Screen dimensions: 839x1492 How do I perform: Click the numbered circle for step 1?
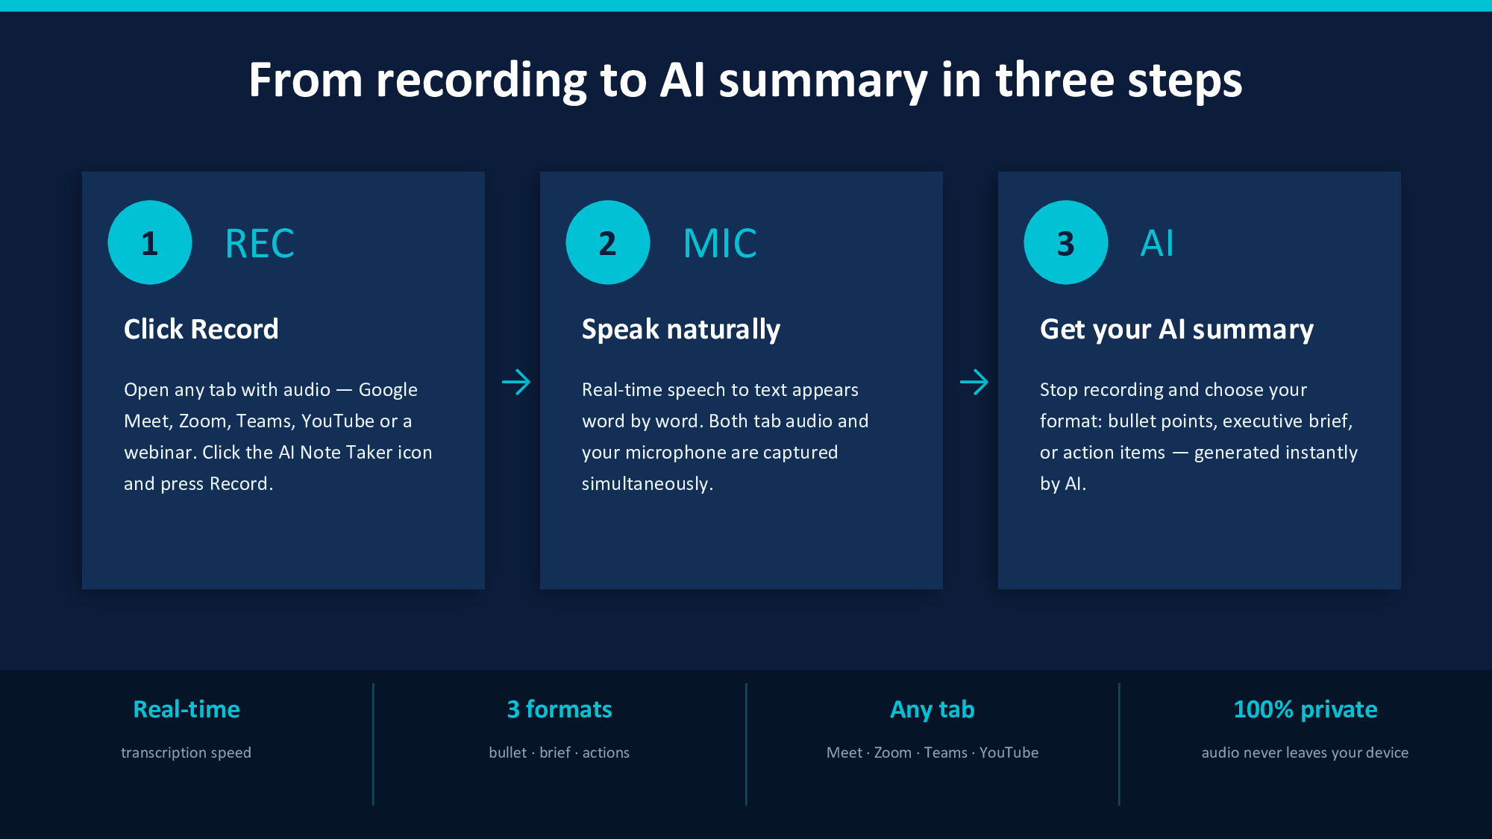pyautogui.click(x=150, y=242)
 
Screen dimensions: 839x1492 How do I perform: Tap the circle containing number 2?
pyautogui.click(x=608, y=242)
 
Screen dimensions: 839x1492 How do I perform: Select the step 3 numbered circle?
pyautogui.click(x=1066, y=242)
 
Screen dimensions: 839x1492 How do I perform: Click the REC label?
pyautogui.click(x=260, y=244)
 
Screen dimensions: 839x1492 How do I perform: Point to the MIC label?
pyautogui.click(x=720, y=244)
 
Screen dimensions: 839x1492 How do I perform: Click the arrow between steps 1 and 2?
pyautogui.click(x=516, y=383)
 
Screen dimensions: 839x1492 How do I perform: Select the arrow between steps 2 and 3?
pyautogui.click(x=974, y=383)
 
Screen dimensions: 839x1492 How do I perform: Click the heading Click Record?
pyautogui.click(x=201, y=329)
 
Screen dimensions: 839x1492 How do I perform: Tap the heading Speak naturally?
pyautogui.click(x=681, y=329)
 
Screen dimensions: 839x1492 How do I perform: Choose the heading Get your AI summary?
pyautogui.click(x=1176, y=329)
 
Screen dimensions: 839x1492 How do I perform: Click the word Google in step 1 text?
pyautogui.click(x=388, y=390)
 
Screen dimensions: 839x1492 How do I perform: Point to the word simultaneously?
pyautogui.click(x=647, y=484)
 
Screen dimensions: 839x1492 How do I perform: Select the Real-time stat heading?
pyautogui.click(x=186, y=709)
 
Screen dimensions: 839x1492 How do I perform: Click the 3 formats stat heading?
pyautogui.click(x=559, y=709)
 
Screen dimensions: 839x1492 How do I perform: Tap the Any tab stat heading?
pyautogui.click(x=932, y=709)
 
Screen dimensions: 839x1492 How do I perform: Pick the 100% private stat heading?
pyautogui.click(x=1305, y=709)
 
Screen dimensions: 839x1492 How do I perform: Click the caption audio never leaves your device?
pyautogui.click(x=1305, y=752)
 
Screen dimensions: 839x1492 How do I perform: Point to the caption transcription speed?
pyautogui.click(x=186, y=752)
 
